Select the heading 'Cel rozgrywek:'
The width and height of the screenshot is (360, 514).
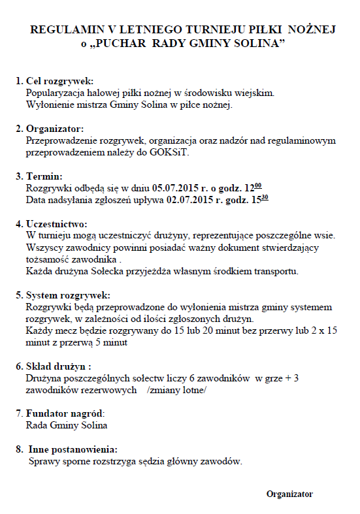[x=59, y=82]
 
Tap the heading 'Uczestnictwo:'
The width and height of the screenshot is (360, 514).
[x=56, y=224]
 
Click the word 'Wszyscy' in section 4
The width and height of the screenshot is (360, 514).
[x=42, y=248]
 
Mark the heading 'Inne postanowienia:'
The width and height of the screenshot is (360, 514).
[x=73, y=449]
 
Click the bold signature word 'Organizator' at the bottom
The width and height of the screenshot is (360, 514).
[x=289, y=494]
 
